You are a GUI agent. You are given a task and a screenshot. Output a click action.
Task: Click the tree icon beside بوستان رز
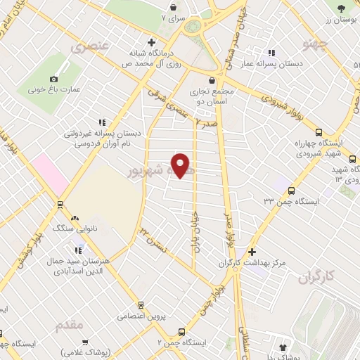(341, 8)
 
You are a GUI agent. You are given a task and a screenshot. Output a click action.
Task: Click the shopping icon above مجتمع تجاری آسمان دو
(212, 80)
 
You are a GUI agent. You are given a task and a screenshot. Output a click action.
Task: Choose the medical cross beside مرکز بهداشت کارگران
(251, 252)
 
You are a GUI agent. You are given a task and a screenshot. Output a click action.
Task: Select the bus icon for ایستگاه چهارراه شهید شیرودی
(319, 132)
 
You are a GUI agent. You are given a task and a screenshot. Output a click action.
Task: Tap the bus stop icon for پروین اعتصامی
(141, 305)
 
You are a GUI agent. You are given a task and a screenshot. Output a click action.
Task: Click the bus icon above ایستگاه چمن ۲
(182, 330)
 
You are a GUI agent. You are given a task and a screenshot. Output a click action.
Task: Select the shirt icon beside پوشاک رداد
(283, 346)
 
